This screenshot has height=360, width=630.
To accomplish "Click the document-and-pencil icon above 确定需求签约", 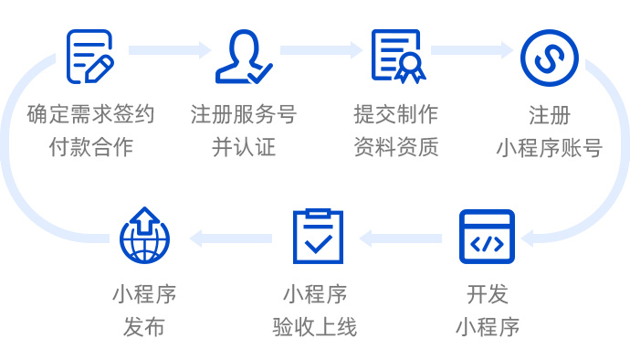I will pyautogui.click(x=90, y=57).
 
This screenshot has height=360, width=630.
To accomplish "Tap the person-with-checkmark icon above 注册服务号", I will pyautogui.click(x=243, y=57).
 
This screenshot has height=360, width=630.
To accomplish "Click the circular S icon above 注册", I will pyautogui.click(x=549, y=57).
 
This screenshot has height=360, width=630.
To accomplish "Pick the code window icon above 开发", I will pyautogui.click(x=487, y=237).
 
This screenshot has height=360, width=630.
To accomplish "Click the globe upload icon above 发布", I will pyautogui.click(x=144, y=235).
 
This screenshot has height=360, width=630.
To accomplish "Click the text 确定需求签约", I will pyautogui.click(x=90, y=115).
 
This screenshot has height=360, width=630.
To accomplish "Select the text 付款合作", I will pyautogui.click(x=90, y=146).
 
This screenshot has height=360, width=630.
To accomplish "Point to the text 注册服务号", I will pyautogui.click(x=243, y=115).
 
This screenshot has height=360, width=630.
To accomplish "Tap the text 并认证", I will pyautogui.click(x=243, y=146).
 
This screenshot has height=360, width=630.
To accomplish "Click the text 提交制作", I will pyautogui.click(x=396, y=115).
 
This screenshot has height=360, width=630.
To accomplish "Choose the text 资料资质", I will pyautogui.click(x=396, y=146).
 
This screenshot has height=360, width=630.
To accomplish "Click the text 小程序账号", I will pyautogui.click(x=549, y=147).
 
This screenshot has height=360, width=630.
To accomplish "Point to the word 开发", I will pyautogui.click(x=487, y=295).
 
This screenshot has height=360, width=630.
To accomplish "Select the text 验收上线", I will pyautogui.click(x=315, y=326).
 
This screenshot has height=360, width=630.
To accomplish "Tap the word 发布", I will pyautogui.click(x=144, y=326).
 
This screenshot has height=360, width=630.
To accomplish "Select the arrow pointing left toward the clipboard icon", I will pyautogui.click(x=401, y=238).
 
